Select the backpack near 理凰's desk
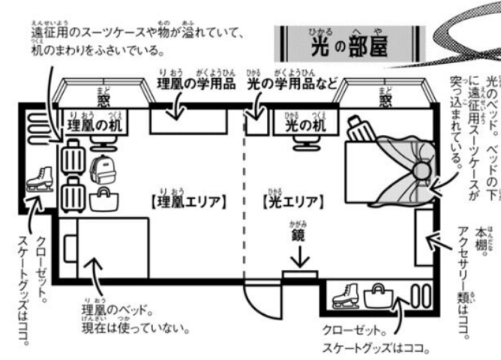point(98,169)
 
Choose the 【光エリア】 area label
point(292,202)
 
